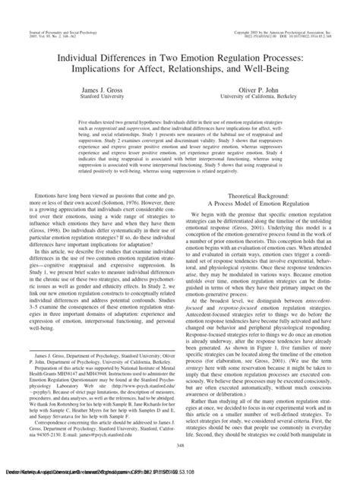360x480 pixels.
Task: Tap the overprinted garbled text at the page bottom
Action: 180,473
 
